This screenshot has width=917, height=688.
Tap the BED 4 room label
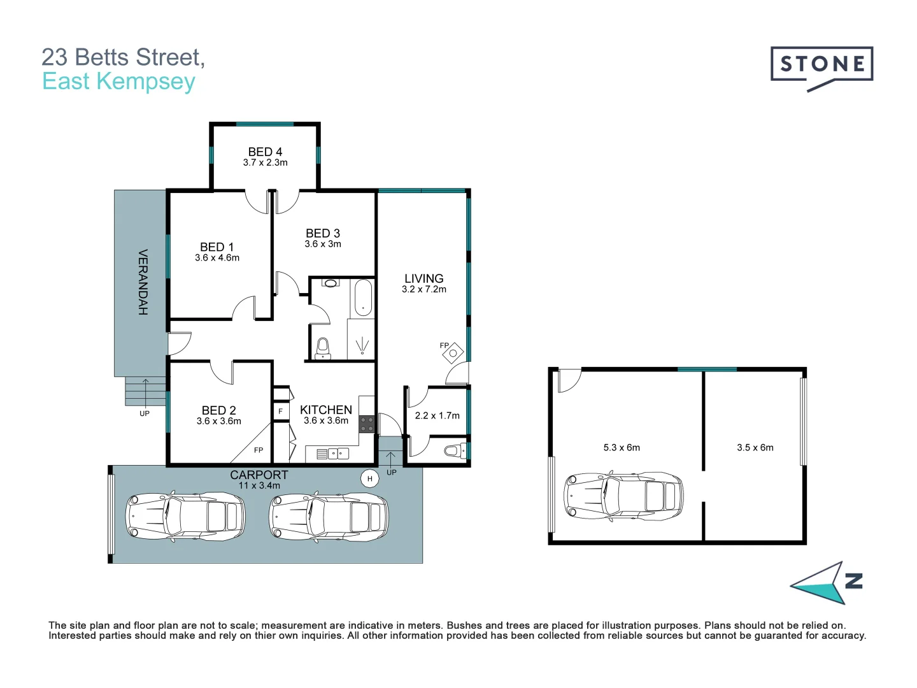(x=265, y=152)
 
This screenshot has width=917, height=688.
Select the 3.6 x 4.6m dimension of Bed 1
(x=217, y=258)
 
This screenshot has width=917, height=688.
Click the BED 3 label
(x=323, y=233)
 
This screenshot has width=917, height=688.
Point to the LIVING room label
(x=423, y=278)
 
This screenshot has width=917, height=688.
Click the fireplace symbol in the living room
(x=453, y=352)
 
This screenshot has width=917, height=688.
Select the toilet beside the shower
(x=323, y=348)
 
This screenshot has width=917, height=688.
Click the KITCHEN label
(x=326, y=410)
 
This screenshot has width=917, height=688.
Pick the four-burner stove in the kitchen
(x=367, y=424)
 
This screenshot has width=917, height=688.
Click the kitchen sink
(x=338, y=454)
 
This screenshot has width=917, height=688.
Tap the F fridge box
(x=280, y=412)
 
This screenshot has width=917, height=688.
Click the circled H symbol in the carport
(x=369, y=478)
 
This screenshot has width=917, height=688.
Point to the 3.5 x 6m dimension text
(x=755, y=448)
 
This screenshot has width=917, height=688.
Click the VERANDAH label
(x=143, y=282)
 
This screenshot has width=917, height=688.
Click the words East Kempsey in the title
(x=118, y=82)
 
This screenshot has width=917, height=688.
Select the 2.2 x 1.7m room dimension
(x=437, y=415)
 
